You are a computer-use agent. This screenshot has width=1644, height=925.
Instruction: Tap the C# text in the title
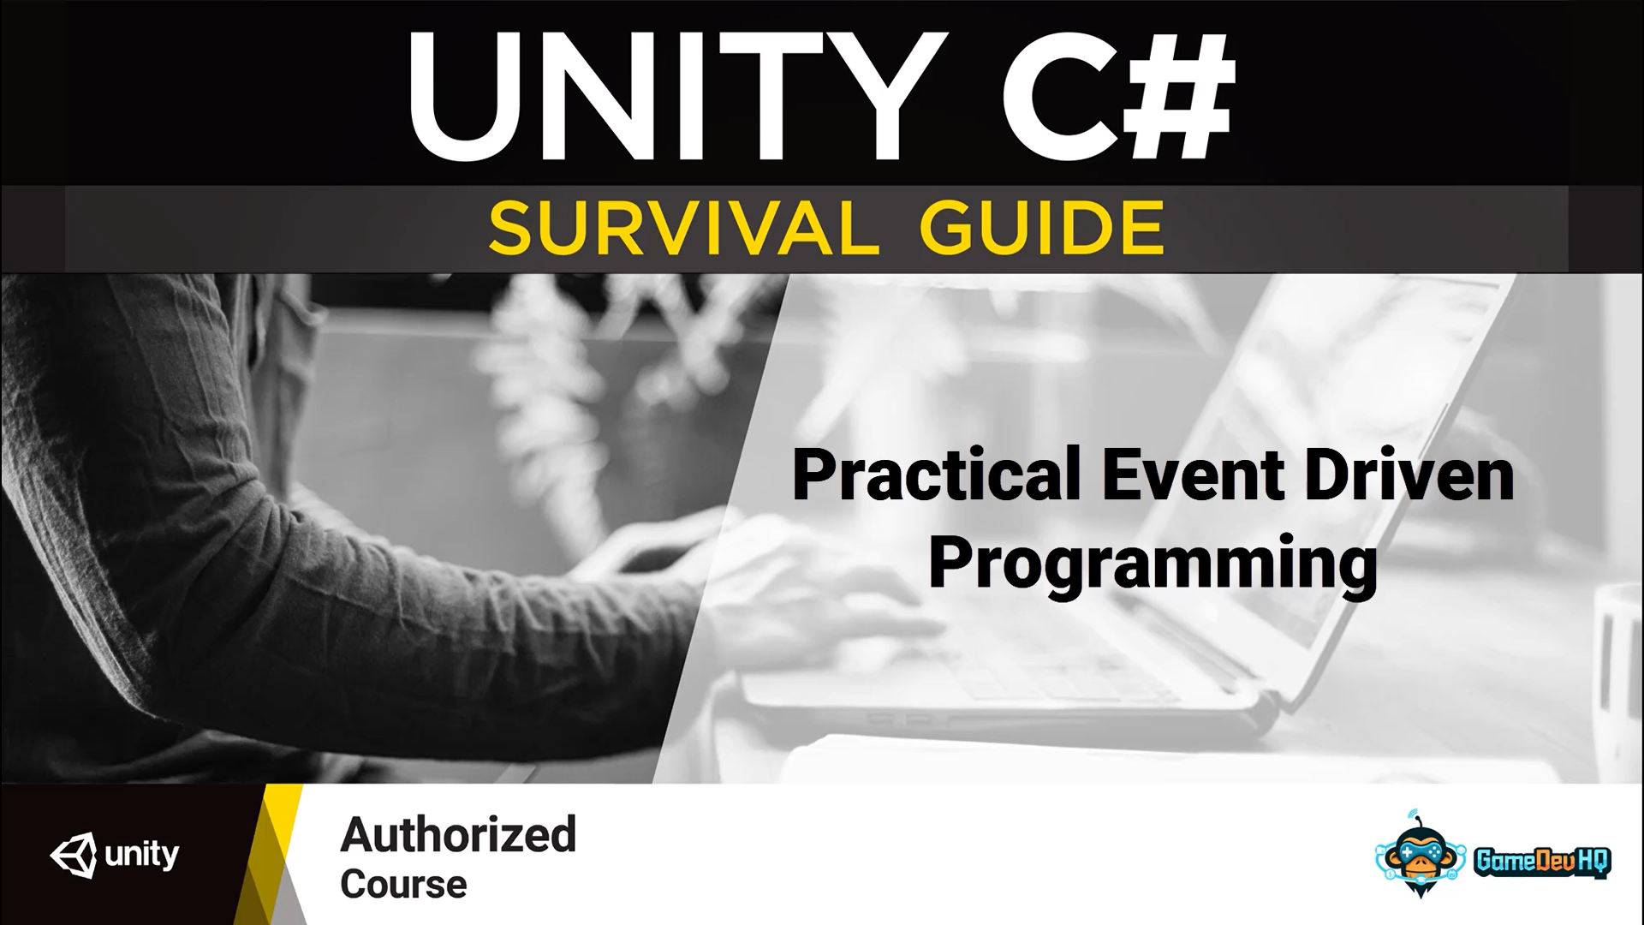tap(1118, 96)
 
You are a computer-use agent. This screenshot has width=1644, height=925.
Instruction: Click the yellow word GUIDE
tap(1041, 229)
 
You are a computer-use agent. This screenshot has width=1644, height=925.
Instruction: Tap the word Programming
tap(1153, 566)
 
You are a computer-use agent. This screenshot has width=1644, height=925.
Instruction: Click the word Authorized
tap(458, 834)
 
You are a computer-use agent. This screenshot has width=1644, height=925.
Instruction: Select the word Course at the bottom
tap(403, 884)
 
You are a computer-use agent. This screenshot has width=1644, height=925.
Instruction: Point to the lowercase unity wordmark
tap(142, 854)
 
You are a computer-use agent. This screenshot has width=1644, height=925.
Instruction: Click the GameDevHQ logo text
tap(1542, 861)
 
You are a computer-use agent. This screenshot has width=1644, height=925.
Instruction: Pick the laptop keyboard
tap(985, 677)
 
